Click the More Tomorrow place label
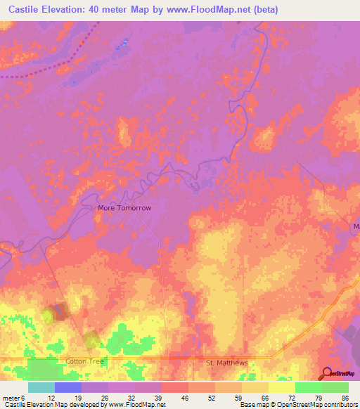click(124, 209)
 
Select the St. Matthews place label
click(227, 363)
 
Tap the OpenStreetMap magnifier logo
click(327, 373)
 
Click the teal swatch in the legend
click(41, 387)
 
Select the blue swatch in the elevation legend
click(67, 387)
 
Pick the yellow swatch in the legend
click(281, 387)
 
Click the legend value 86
click(345, 397)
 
